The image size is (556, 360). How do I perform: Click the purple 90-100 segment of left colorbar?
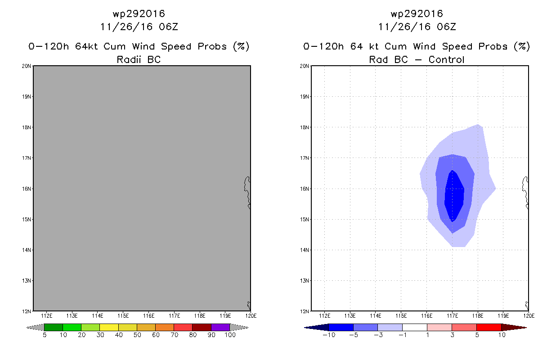220,327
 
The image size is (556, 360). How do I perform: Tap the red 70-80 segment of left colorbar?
183,327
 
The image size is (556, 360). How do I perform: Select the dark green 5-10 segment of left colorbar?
54,327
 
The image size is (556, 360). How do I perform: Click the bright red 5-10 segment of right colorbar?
489,327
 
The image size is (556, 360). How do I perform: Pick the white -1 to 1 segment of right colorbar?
414,327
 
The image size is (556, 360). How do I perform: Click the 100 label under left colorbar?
230,335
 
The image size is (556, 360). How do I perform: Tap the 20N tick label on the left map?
27,66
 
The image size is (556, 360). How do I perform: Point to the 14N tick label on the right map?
305,250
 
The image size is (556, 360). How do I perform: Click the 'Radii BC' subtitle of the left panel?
139,59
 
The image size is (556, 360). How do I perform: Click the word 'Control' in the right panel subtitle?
447,59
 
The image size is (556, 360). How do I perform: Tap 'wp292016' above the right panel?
417,14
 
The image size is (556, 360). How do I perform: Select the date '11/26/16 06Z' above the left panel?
139,27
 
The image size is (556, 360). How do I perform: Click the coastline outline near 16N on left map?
247,191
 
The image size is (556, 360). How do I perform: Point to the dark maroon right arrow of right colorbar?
513,327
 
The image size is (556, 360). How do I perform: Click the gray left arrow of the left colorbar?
36,327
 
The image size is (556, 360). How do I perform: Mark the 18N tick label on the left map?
27,127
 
